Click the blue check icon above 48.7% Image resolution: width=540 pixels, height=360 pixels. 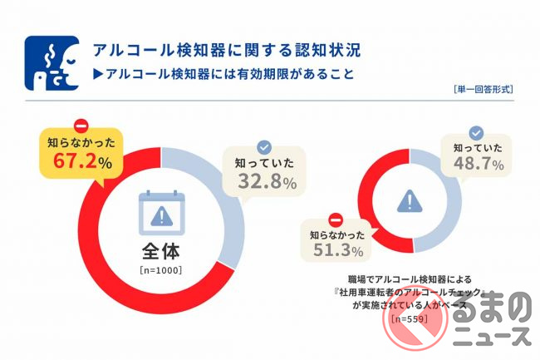[476, 132]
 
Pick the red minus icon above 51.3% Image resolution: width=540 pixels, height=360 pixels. [336, 220]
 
